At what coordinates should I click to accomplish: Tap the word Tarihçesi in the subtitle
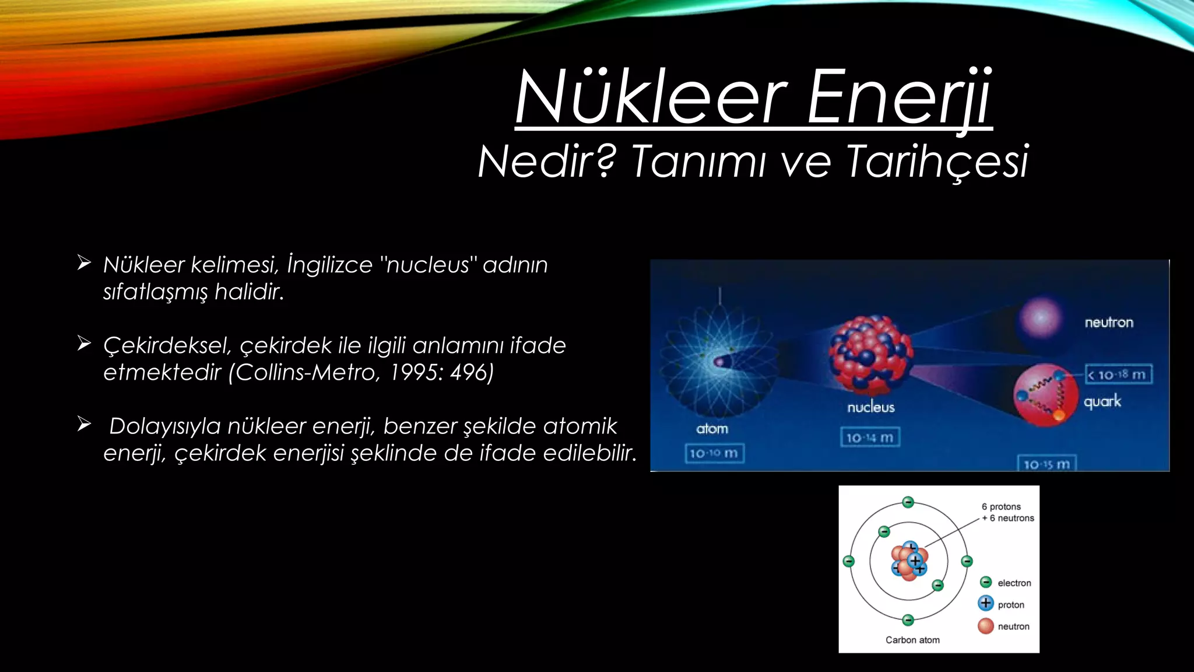click(937, 162)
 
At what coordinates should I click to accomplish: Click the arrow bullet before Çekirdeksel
click(84, 344)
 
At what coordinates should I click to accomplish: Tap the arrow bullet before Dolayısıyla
click(84, 424)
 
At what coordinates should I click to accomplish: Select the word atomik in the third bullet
click(580, 426)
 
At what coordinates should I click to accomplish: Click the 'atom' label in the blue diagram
click(712, 429)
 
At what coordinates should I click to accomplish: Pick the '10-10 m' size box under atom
click(714, 453)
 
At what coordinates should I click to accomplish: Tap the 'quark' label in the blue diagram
click(1102, 401)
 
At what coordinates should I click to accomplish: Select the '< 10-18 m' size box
click(1118, 374)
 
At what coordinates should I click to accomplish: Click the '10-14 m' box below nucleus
click(870, 437)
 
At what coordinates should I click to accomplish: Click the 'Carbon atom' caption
click(912, 640)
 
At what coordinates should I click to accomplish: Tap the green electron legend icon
click(986, 582)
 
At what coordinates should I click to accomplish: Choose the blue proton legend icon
click(986, 603)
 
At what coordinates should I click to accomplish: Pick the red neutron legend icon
click(986, 626)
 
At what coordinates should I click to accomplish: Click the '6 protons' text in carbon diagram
click(1002, 506)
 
